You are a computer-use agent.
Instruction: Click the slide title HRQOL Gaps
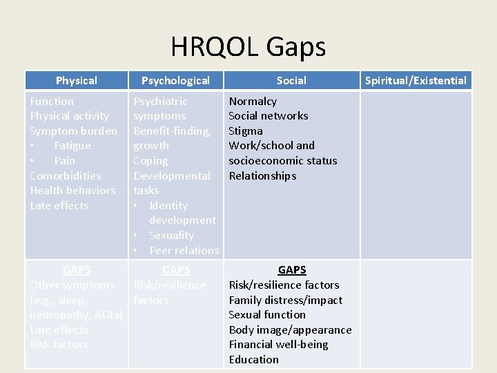pyautogui.click(x=248, y=47)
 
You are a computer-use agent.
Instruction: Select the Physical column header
pyautogui.click(x=76, y=81)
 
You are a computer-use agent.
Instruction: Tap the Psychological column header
pyautogui.click(x=175, y=81)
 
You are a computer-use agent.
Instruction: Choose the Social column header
pyautogui.click(x=291, y=81)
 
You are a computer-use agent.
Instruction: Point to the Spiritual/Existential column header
pyautogui.click(x=416, y=81)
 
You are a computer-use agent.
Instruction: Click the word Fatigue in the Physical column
pyautogui.click(x=72, y=146)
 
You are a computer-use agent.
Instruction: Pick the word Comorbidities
pyautogui.click(x=65, y=175)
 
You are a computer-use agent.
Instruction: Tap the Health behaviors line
pyautogui.click(x=72, y=191)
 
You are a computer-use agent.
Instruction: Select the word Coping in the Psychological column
pyautogui.click(x=150, y=161)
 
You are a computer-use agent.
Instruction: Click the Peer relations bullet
pyautogui.click(x=184, y=251)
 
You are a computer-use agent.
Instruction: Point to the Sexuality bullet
pyautogui.click(x=171, y=236)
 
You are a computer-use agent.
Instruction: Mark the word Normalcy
pyautogui.click(x=253, y=102)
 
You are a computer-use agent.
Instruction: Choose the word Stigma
pyautogui.click(x=246, y=131)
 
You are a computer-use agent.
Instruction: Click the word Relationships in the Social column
pyautogui.click(x=262, y=176)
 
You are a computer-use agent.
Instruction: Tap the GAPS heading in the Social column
pyautogui.click(x=291, y=270)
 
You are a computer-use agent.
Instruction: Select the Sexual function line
pyautogui.click(x=267, y=315)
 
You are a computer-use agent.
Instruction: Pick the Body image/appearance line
pyautogui.click(x=290, y=330)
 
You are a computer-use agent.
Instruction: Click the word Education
pyautogui.click(x=253, y=360)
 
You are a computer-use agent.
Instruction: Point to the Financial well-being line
pyautogui.click(x=278, y=345)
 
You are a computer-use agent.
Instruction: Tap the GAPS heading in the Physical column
pyautogui.click(x=76, y=270)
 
